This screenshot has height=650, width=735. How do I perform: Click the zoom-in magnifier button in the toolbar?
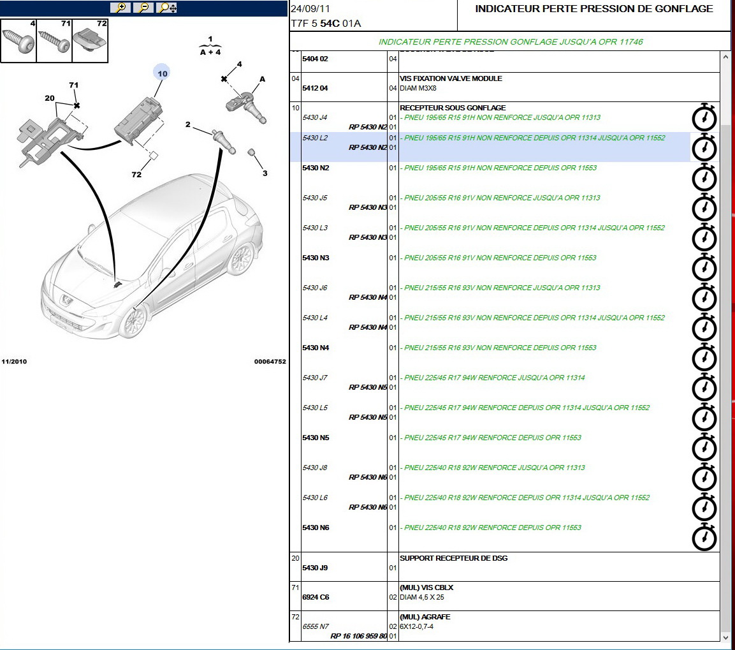coord(120,8)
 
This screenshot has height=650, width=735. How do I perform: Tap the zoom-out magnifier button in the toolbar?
coord(143,8)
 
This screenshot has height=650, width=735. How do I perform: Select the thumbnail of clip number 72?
coord(91,41)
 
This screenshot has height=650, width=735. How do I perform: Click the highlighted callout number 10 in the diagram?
coord(162,73)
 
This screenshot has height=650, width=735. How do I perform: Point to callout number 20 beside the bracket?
coord(50,98)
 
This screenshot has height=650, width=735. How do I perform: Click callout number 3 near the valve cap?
coord(265,173)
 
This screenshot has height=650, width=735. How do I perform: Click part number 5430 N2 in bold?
coord(316,168)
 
